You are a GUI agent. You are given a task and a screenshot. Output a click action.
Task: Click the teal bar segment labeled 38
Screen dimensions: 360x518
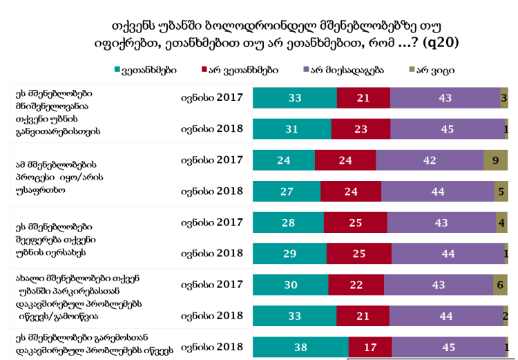click(x=300, y=347)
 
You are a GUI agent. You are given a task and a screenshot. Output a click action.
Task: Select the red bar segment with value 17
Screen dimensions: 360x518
click(x=370, y=347)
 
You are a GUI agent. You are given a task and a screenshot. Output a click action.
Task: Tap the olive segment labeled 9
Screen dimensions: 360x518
click(x=495, y=160)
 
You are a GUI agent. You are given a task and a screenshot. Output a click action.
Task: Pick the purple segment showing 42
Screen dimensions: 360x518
click(x=430, y=160)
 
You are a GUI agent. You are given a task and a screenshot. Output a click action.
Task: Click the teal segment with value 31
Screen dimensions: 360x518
click(x=292, y=129)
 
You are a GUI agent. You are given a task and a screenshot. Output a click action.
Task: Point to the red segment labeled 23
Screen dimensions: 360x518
click(x=361, y=129)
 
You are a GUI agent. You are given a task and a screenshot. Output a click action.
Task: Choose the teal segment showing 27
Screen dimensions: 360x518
click(x=287, y=191)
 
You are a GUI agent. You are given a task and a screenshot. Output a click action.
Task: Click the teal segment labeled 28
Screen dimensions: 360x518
click(x=288, y=222)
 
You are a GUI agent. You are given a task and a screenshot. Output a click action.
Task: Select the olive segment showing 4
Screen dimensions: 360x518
click(x=502, y=222)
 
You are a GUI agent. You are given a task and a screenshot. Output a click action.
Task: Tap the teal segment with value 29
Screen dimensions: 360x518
click(x=289, y=254)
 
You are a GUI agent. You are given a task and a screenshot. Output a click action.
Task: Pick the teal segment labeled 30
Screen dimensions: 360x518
click(x=291, y=285)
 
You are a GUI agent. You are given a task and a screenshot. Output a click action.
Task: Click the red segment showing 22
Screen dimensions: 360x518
click(x=356, y=285)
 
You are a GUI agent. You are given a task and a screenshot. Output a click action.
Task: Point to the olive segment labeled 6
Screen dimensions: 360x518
click(x=501, y=285)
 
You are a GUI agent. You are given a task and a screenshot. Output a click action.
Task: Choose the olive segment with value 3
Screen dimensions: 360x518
click(x=504, y=98)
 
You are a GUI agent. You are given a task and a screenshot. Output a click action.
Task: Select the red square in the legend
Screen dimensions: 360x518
click(x=205, y=70)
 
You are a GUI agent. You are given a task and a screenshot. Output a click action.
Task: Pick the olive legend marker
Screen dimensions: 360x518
click(x=412, y=70)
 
